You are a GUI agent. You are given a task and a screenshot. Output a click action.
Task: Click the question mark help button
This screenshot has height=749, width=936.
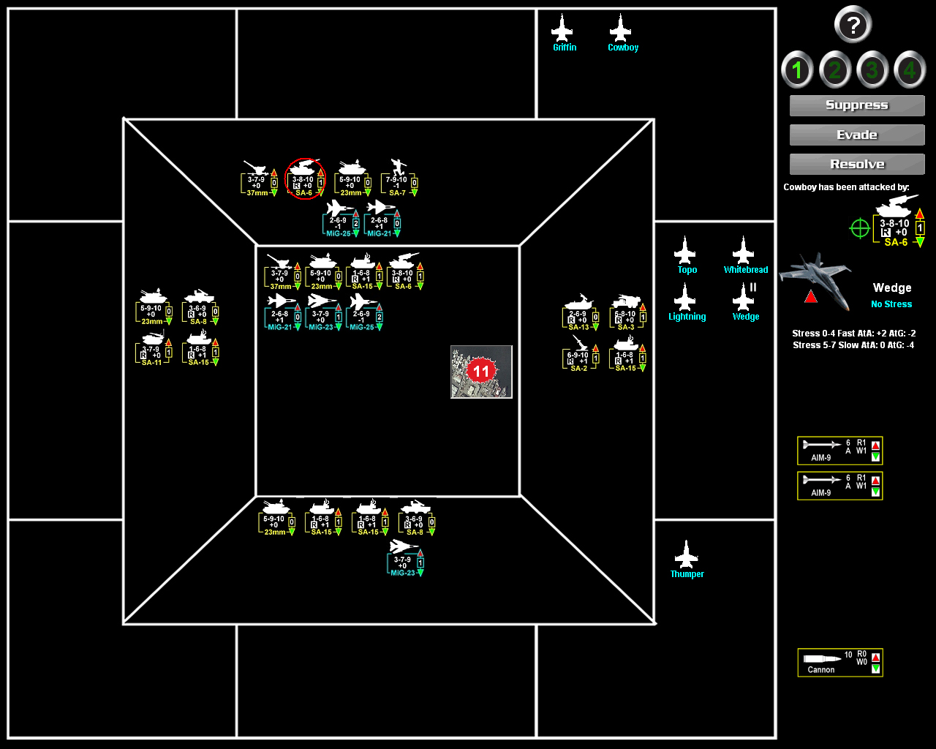[x=853, y=25]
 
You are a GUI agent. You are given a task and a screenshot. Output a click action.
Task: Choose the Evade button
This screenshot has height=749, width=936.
[x=857, y=135]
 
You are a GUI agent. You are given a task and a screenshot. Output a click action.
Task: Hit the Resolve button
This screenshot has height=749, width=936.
[x=857, y=164]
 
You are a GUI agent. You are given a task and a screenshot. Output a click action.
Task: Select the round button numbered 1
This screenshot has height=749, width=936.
[x=797, y=70]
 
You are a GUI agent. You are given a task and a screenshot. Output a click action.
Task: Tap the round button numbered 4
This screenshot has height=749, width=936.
[x=910, y=70]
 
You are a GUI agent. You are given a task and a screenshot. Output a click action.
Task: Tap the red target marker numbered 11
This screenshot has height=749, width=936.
[x=480, y=371]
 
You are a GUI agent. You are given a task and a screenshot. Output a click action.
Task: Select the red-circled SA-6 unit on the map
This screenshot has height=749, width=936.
[x=303, y=178]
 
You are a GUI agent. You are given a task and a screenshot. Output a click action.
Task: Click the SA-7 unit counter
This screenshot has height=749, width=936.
[x=399, y=178]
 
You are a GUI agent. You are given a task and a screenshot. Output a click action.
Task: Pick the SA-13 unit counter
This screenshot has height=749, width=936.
[x=580, y=312]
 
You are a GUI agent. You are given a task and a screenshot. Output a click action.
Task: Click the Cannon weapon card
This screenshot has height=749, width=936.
[x=839, y=663]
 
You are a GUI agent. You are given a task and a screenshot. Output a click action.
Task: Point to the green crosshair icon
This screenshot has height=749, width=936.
[x=860, y=229]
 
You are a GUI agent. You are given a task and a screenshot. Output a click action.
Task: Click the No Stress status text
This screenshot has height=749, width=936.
[x=891, y=304]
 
